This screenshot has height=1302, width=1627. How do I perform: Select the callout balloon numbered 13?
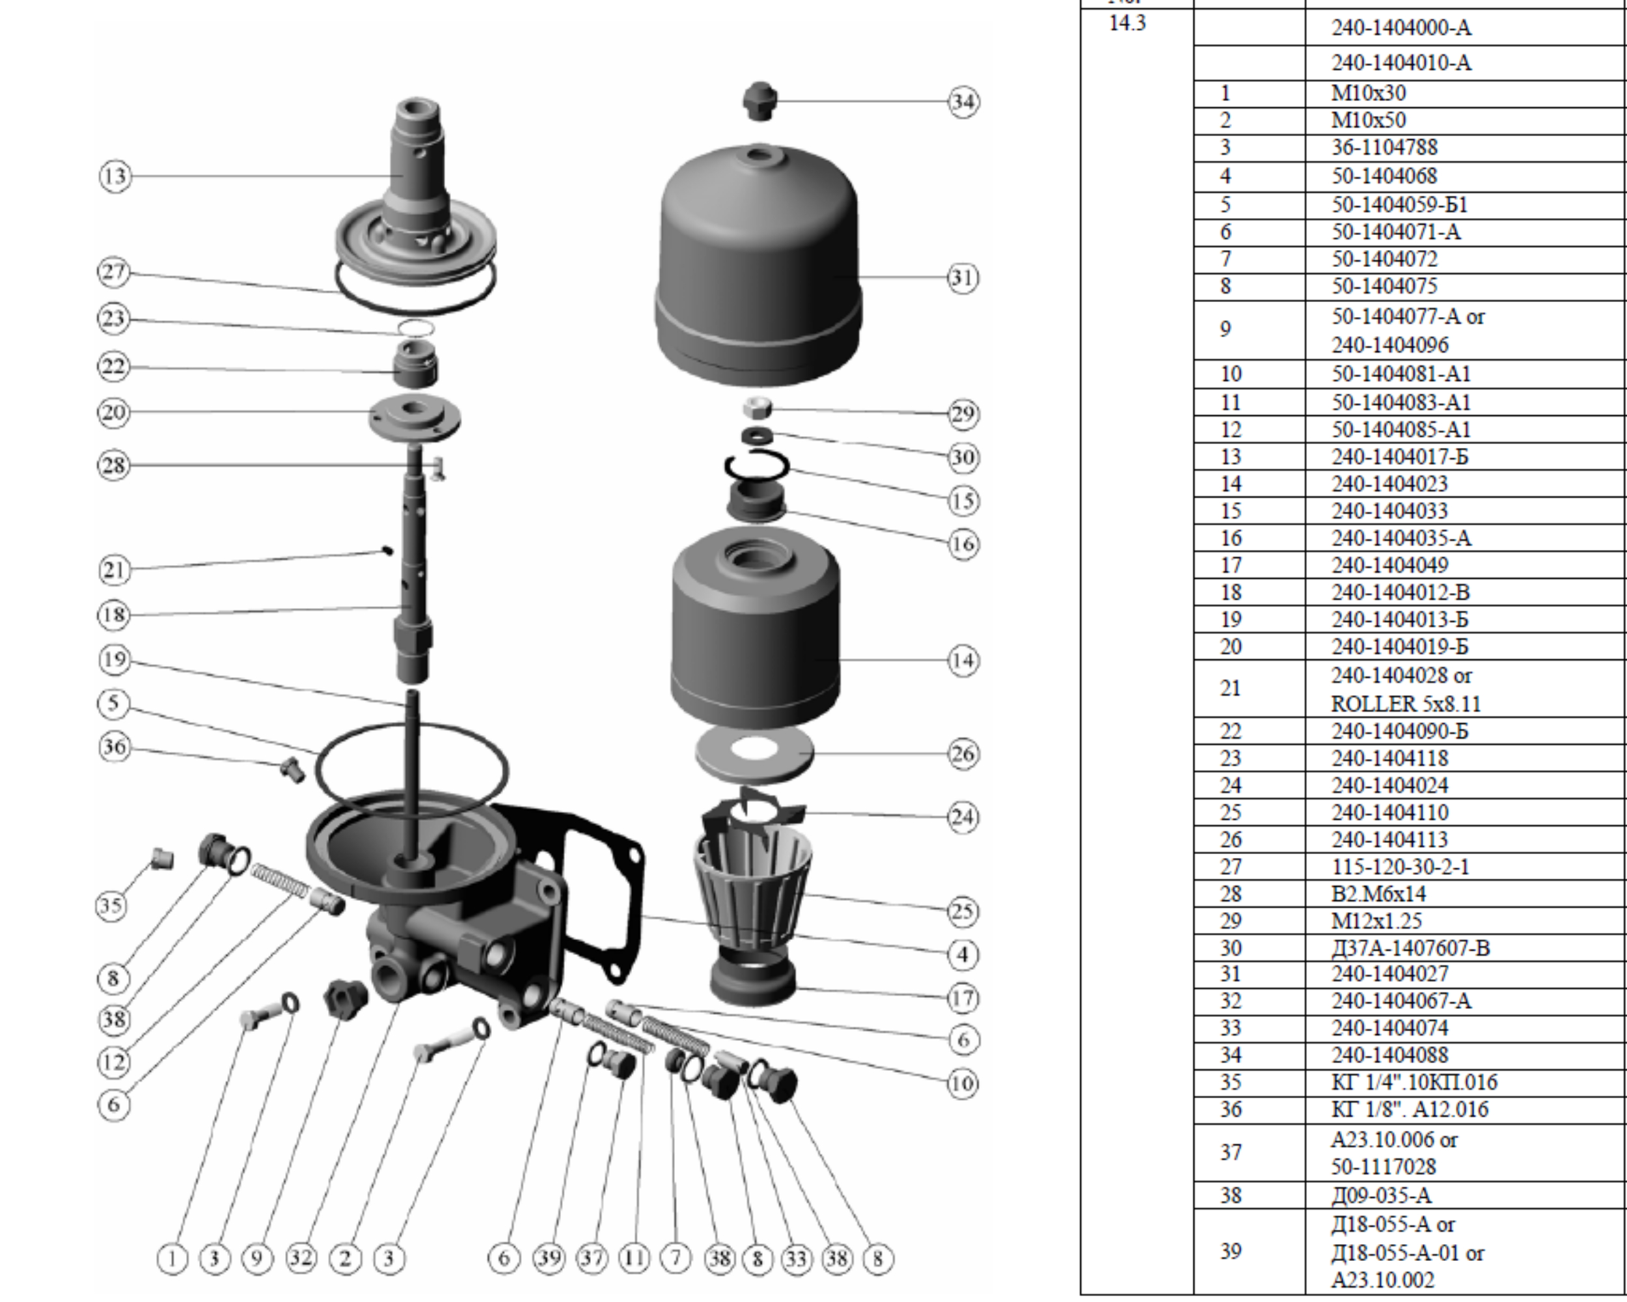(115, 176)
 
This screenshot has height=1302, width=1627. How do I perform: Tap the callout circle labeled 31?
(963, 278)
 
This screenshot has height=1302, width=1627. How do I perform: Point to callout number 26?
(963, 753)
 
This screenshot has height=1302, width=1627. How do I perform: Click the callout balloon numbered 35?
(111, 905)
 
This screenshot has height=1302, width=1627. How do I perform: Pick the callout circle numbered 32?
(301, 1258)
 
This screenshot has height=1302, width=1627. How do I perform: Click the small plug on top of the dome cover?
(759, 100)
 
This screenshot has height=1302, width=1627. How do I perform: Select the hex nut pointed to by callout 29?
(756, 408)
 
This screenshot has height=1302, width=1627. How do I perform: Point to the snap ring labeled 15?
(757, 465)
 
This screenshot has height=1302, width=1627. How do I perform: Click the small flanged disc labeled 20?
(415, 416)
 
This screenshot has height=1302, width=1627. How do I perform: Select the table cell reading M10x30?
(1368, 94)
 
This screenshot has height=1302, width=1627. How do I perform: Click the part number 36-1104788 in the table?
(1384, 147)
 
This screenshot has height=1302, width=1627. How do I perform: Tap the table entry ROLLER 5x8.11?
(1405, 704)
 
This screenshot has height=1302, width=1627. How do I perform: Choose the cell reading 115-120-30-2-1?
(1400, 866)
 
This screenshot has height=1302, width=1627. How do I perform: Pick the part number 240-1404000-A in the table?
(1401, 28)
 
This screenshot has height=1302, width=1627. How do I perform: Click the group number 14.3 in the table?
(1127, 23)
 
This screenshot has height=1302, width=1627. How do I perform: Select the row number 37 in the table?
(1231, 1152)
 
